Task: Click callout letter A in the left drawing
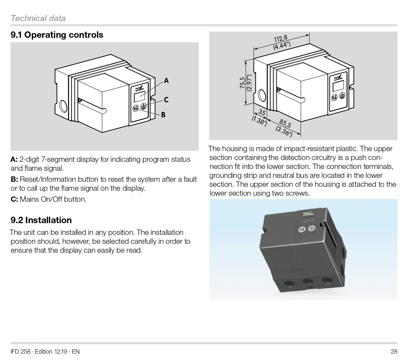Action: [166, 81]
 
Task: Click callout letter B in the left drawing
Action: [163, 115]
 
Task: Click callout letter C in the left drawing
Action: [166, 100]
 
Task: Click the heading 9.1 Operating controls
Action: [57, 35]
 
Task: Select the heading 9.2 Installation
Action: [41, 220]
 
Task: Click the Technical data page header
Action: [38, 18]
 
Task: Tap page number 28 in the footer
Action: [394, 351]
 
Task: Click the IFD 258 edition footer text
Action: [45, 351]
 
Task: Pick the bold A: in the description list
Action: [14, 159]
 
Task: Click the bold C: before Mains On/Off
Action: [14, 199]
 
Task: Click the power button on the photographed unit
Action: [312, 228]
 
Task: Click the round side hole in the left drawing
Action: [63, 106]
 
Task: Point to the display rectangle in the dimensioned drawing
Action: [338, 86]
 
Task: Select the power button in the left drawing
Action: [144, 106]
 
